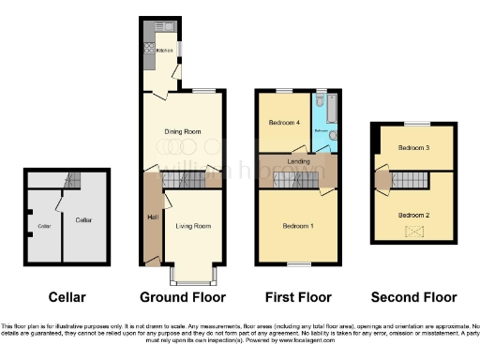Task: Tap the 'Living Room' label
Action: pyautogui.click(x=195, y=226)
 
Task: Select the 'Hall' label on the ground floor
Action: pyautogui.click(x=151, y=217)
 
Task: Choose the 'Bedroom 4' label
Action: pyautogui.click(x=285, y=123)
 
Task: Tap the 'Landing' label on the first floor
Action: pyautogui.click(x=301, y=161)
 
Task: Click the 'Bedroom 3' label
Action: pyautogui.click(x=412, y=148)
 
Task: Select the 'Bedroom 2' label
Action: pyautogui.click(x=413, y=216)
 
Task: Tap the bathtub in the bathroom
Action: pyautogui.click(x=321, y=114)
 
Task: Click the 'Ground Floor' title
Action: pyautogui.click(x=183, y=297)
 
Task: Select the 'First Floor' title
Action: pyautogui.click(x=297, y=297)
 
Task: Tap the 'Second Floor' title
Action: pyautogui.click(x=413, y=297)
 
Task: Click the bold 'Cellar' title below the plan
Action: pyautogui.click(x=67, y=297)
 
